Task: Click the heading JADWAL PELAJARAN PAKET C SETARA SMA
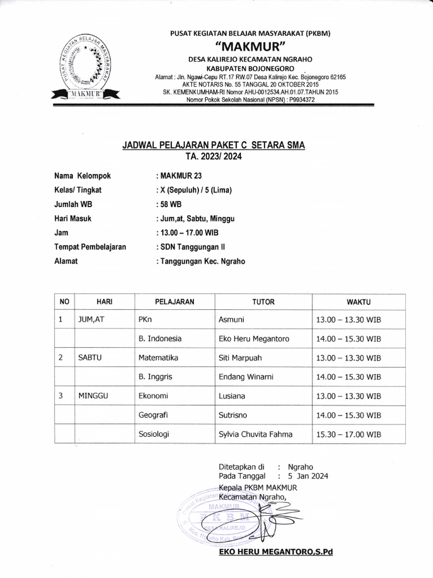(214, 145)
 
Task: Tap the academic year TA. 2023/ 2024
(214, 156)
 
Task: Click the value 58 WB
(167, 204)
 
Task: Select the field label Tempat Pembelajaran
(90, 247)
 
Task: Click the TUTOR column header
(263, 302)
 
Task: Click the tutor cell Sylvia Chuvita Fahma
(255, 435)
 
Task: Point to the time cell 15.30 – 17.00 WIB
(349, 435)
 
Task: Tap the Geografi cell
(154, 415)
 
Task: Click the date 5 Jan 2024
(308, 476)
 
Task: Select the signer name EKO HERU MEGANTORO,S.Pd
(276, 551)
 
